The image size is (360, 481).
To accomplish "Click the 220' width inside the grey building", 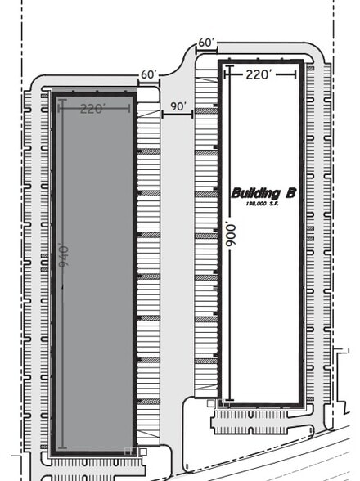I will click(92, 109).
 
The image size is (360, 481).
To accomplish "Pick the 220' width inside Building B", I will click(258, 74).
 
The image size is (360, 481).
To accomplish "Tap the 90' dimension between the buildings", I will click(178, 107).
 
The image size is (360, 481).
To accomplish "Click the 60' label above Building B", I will click(205, 43).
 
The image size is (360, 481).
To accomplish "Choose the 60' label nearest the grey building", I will click(148, 74).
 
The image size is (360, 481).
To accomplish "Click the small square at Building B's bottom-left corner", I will click(210, 403).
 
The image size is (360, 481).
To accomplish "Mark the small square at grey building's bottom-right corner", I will click(143, 451).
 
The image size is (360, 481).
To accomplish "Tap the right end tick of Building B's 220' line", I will click(295, 74).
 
